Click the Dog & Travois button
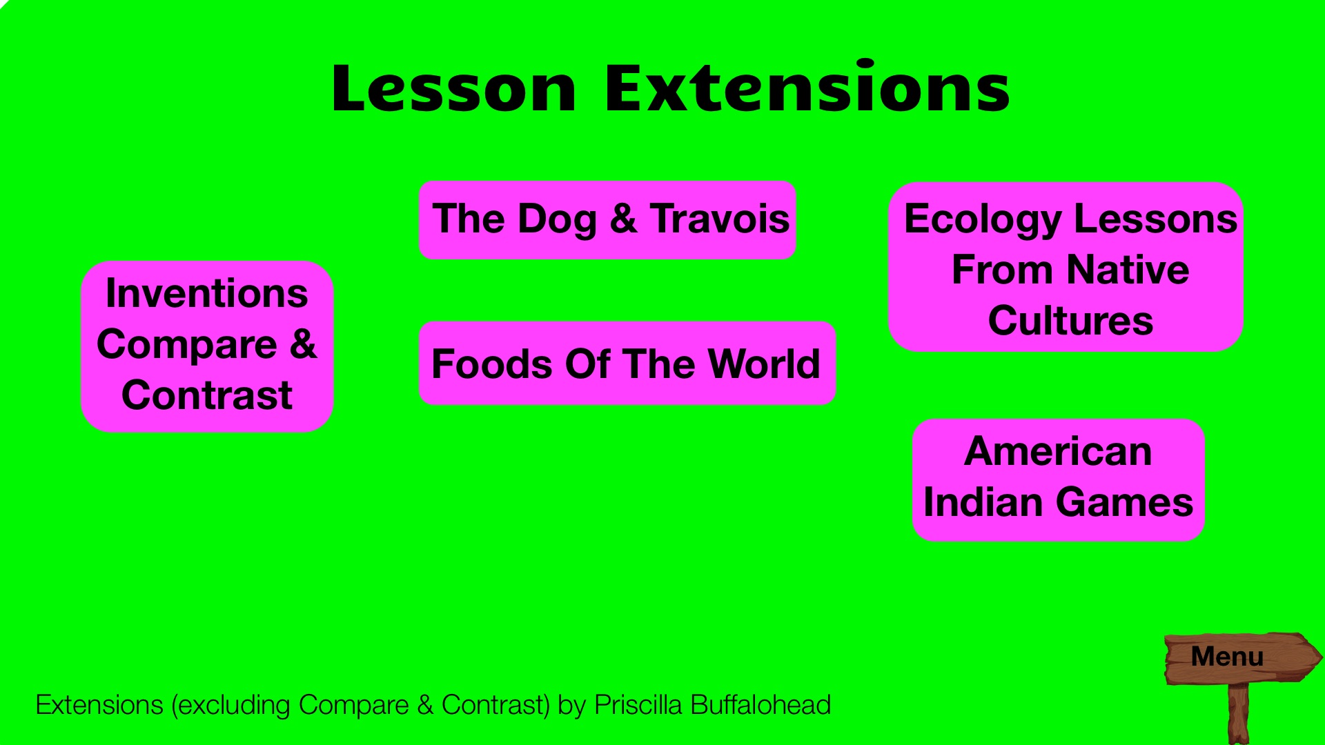607,219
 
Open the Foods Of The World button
627,363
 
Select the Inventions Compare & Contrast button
207,346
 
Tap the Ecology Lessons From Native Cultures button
1066,267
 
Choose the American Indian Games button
1059,479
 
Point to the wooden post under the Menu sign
1239,714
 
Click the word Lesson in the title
453,88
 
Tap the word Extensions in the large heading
807,87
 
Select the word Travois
719,219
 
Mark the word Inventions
207,293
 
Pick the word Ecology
983,221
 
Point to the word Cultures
1070,321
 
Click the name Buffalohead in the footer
760,705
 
